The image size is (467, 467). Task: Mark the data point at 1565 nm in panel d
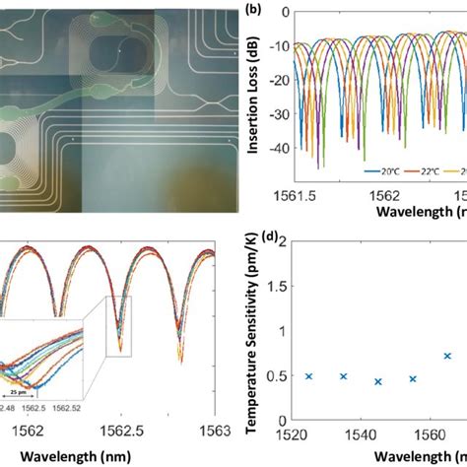tap(447, 356)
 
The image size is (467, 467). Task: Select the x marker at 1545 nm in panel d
tap(377, 381)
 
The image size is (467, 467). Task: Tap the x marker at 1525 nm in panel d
tap(308, 376)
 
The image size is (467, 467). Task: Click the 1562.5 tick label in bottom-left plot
tap(120, 431)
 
